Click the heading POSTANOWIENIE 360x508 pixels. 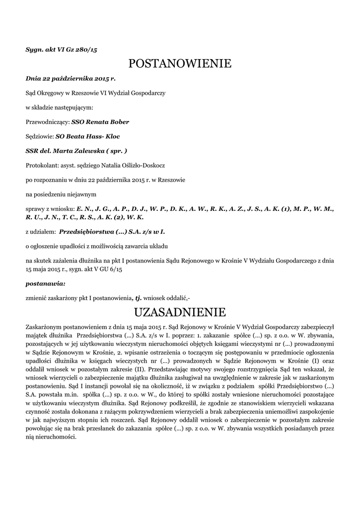coord(180,63)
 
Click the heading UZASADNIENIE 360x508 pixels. coord(180,312)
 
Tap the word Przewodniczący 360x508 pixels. coord(48,122)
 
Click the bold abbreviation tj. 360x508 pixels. coord(139,298)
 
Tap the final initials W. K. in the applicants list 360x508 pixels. coord(136,217)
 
